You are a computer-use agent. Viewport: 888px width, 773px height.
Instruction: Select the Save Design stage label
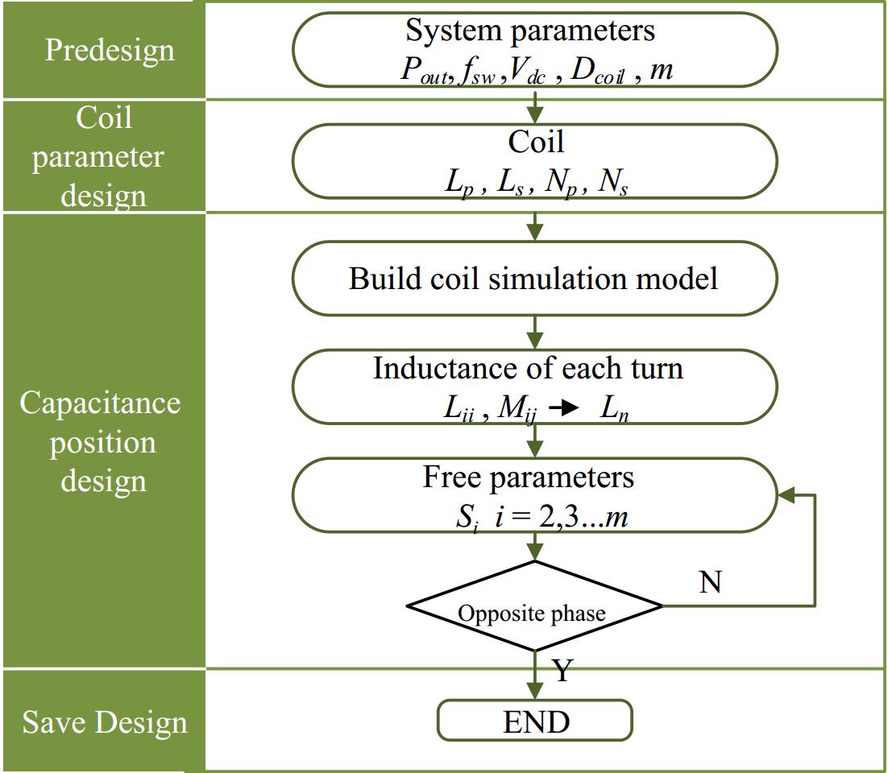105,721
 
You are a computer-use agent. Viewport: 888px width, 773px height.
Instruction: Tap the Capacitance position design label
100,441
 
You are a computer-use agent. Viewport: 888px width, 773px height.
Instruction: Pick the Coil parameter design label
98,157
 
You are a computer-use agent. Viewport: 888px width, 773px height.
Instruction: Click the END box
535,721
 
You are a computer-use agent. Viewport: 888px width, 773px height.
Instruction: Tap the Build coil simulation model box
533,279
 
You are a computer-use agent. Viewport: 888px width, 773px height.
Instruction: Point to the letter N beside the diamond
710,582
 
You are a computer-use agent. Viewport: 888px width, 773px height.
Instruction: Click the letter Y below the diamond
562,670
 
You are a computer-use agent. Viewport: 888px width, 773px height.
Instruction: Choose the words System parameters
530,31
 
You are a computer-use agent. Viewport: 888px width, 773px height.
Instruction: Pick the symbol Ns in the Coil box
613,183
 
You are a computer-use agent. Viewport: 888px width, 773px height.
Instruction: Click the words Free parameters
529,477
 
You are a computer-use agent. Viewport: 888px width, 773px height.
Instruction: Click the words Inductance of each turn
528,369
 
